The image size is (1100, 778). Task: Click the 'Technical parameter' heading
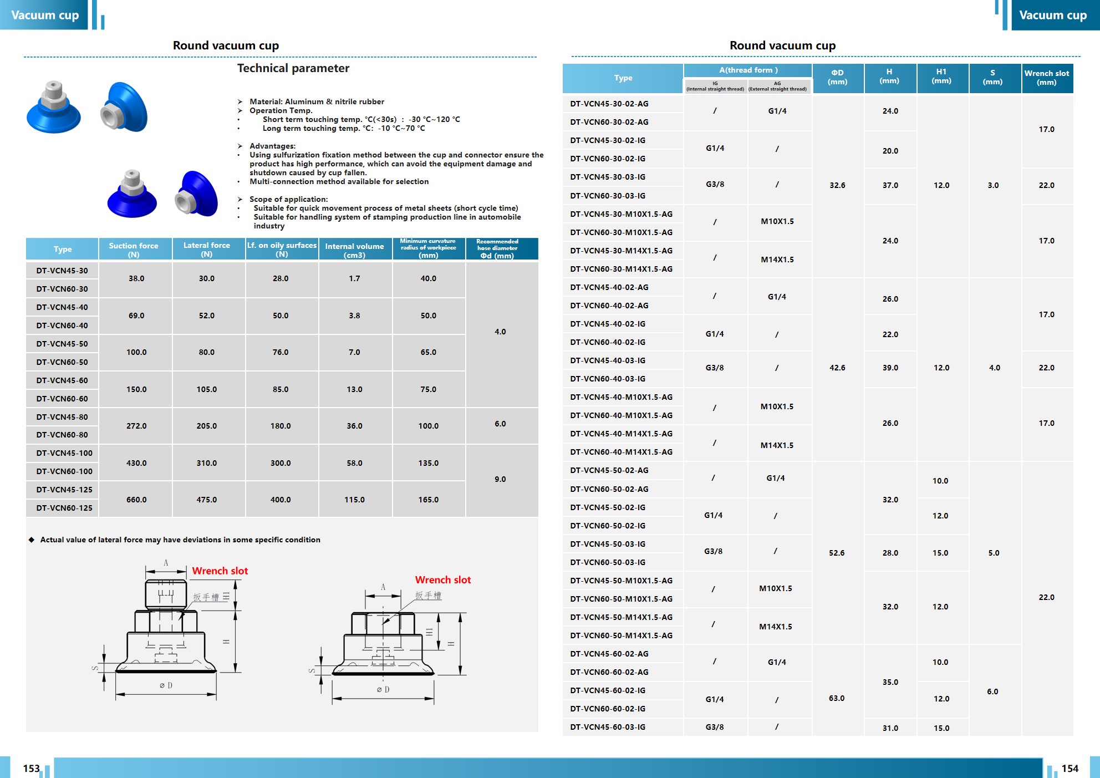[x=293, y=68]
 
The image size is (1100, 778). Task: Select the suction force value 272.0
[x=136, y=426]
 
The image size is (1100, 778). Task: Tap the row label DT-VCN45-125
[x=64, y=490]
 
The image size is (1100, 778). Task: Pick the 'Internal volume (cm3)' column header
[x=354, y=250]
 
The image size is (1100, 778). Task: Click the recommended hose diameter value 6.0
[x=500, y=424]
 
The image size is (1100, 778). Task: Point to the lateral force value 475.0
[x=206, y=500]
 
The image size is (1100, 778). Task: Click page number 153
[x=31, y=769]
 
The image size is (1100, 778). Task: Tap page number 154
[x=1070, y=769]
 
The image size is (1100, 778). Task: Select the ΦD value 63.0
[x=837, y=698]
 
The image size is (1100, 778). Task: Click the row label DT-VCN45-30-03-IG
[x=608, y=177]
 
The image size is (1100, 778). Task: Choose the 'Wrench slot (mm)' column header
[x=1046, y=78]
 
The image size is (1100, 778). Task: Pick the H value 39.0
[x=890, y=368]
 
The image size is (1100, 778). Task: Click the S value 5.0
[x=994, y=553]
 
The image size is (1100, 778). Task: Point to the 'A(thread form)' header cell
[x=748, y=70]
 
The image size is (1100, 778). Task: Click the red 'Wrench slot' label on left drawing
[x=220, y=571]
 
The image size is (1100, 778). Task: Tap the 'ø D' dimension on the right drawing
[x=383, y=690]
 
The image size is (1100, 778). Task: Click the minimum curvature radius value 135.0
[x=428, y=463]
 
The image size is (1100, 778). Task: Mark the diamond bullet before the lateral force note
[x=32, y=540]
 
